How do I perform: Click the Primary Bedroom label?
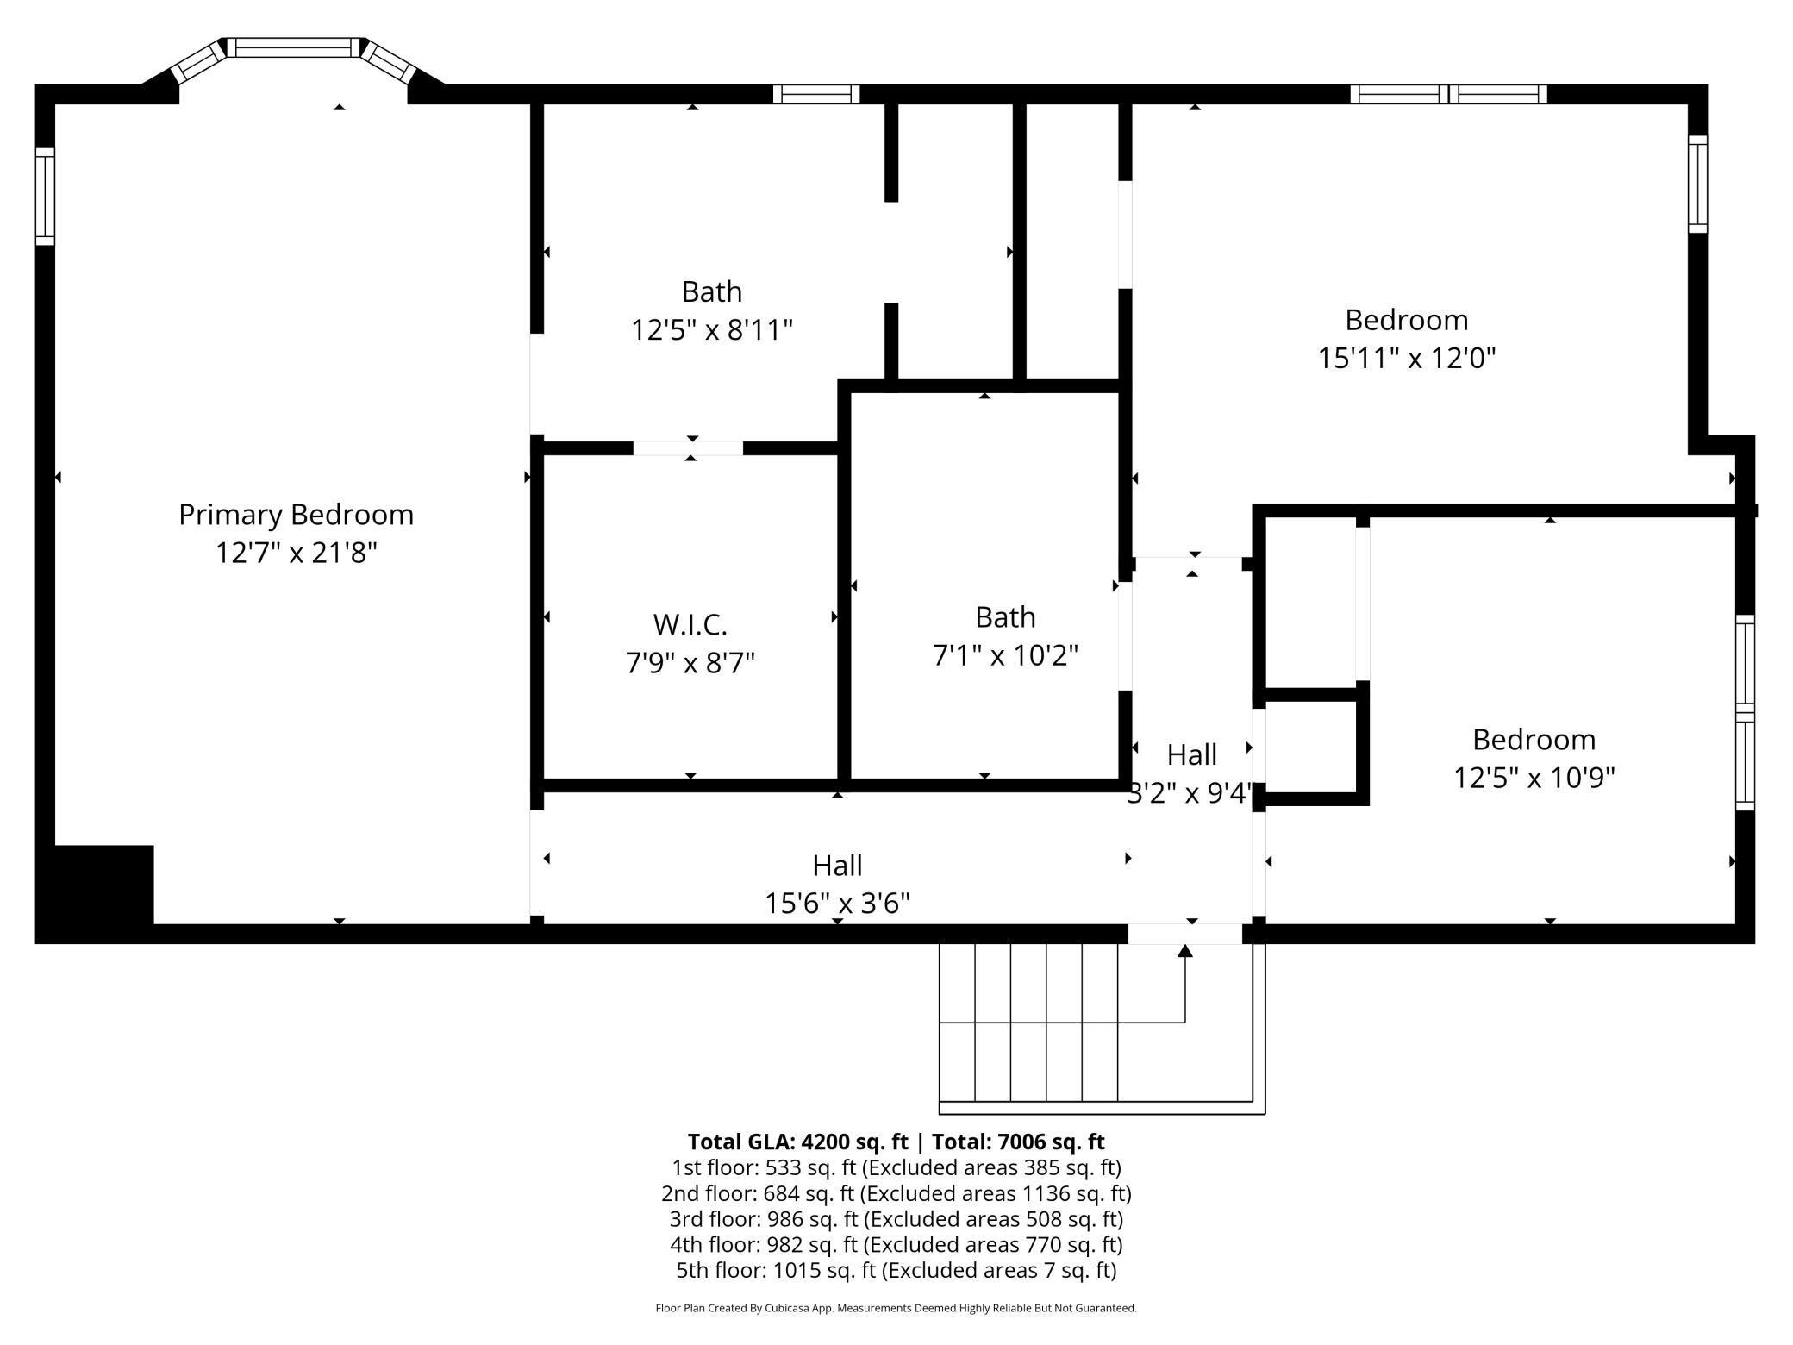pos(296,515)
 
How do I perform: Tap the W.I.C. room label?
pos(690,623)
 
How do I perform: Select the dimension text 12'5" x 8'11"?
pos(711,330)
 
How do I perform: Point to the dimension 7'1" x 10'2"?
pos(1005,655)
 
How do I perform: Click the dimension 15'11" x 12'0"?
pos(1406,358)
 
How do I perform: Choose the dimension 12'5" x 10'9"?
pos(1534,778)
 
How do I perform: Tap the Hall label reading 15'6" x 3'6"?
pos(837,866)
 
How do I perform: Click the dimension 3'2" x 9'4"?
pos(1190,792)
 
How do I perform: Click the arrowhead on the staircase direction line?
pos(1185,950)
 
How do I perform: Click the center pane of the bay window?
pos(294,47)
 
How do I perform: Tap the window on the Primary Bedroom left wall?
pos(45,197)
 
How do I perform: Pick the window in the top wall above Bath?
pos(815,94)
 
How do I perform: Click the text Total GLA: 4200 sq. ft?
pos(797,1142)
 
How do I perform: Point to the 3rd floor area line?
pos(896,1219)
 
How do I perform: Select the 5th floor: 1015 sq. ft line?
pos(896,1270)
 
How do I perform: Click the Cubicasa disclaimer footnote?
pos(896,1308)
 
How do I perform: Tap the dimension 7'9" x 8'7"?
pos(690,663)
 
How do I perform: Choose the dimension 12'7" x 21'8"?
pos(296,553)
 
